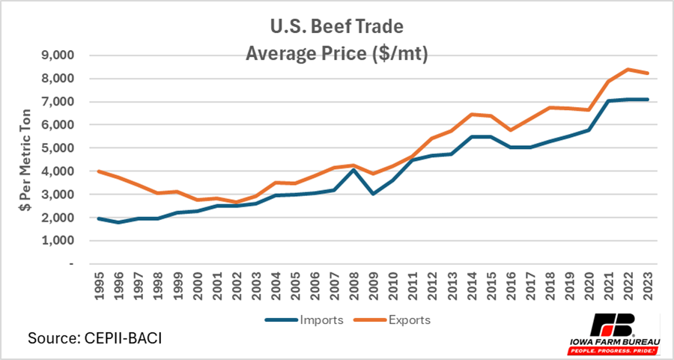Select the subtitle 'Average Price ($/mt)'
point(337,54)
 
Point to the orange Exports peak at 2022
point(628,70)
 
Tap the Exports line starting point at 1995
point(99,171)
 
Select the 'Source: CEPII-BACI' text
point(94,338)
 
